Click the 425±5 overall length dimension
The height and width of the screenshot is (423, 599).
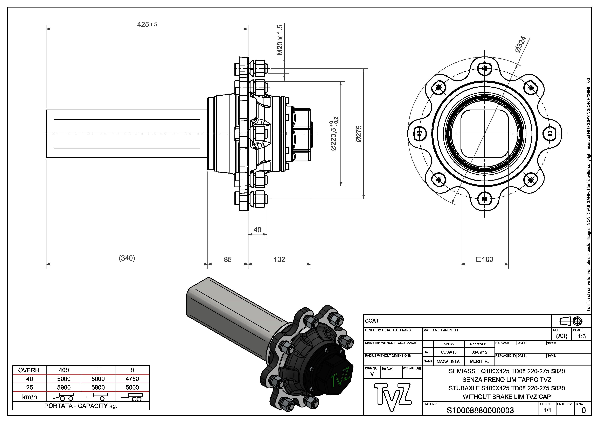147,25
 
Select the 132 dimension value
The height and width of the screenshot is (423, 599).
279,259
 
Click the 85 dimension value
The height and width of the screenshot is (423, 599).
227,259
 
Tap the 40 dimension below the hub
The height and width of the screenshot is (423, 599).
257,230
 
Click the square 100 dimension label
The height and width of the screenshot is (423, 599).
485,259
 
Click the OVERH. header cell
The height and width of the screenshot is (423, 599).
30,370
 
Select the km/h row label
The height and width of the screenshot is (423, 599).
30,397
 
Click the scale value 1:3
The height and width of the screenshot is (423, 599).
582,336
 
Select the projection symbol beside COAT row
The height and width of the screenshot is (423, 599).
571,321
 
